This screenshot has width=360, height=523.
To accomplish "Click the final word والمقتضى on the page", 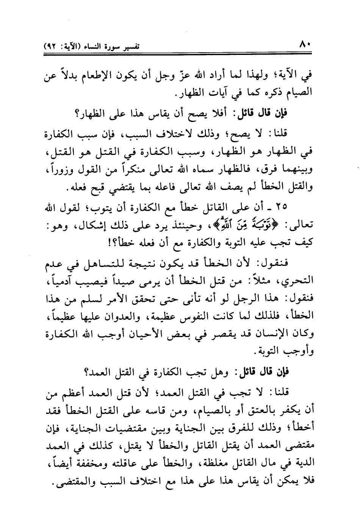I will coord(69,480).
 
